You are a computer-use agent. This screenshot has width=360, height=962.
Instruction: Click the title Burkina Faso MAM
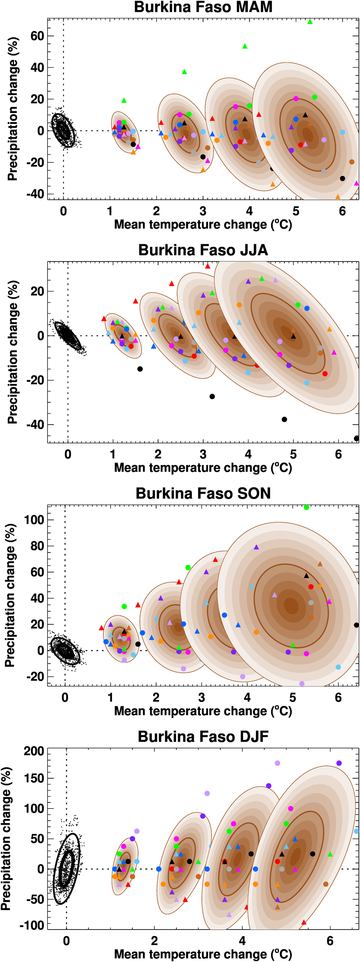tap(203, 7)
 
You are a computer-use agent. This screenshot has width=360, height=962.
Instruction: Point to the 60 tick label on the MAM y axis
tap(37, 36)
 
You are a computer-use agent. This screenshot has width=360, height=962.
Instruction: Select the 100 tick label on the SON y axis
tap(34, 519)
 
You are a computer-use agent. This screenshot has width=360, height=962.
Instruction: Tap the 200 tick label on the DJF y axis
tap(34, 751)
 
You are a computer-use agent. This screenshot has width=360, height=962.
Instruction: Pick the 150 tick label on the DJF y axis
tap(34, 779)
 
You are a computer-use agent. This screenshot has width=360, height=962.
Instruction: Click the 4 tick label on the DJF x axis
tap(242, 941)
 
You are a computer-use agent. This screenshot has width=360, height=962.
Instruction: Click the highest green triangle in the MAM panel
tap(310, 22)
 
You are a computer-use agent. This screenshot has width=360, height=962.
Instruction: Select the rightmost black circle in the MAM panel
tap(342, 179)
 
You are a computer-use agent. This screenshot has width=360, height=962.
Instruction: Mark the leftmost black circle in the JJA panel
tap(140, 369)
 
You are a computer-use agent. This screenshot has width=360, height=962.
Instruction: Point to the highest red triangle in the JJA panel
tap(208, 266)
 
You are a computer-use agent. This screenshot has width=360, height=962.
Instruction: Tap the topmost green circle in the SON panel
tap(306, 507)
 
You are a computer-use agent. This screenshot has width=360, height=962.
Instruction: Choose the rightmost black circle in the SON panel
tap(356, 625)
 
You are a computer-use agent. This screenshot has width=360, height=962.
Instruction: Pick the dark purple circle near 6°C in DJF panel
tap(339, 763)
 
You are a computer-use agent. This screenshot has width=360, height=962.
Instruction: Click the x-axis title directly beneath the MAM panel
tap(203, 224)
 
